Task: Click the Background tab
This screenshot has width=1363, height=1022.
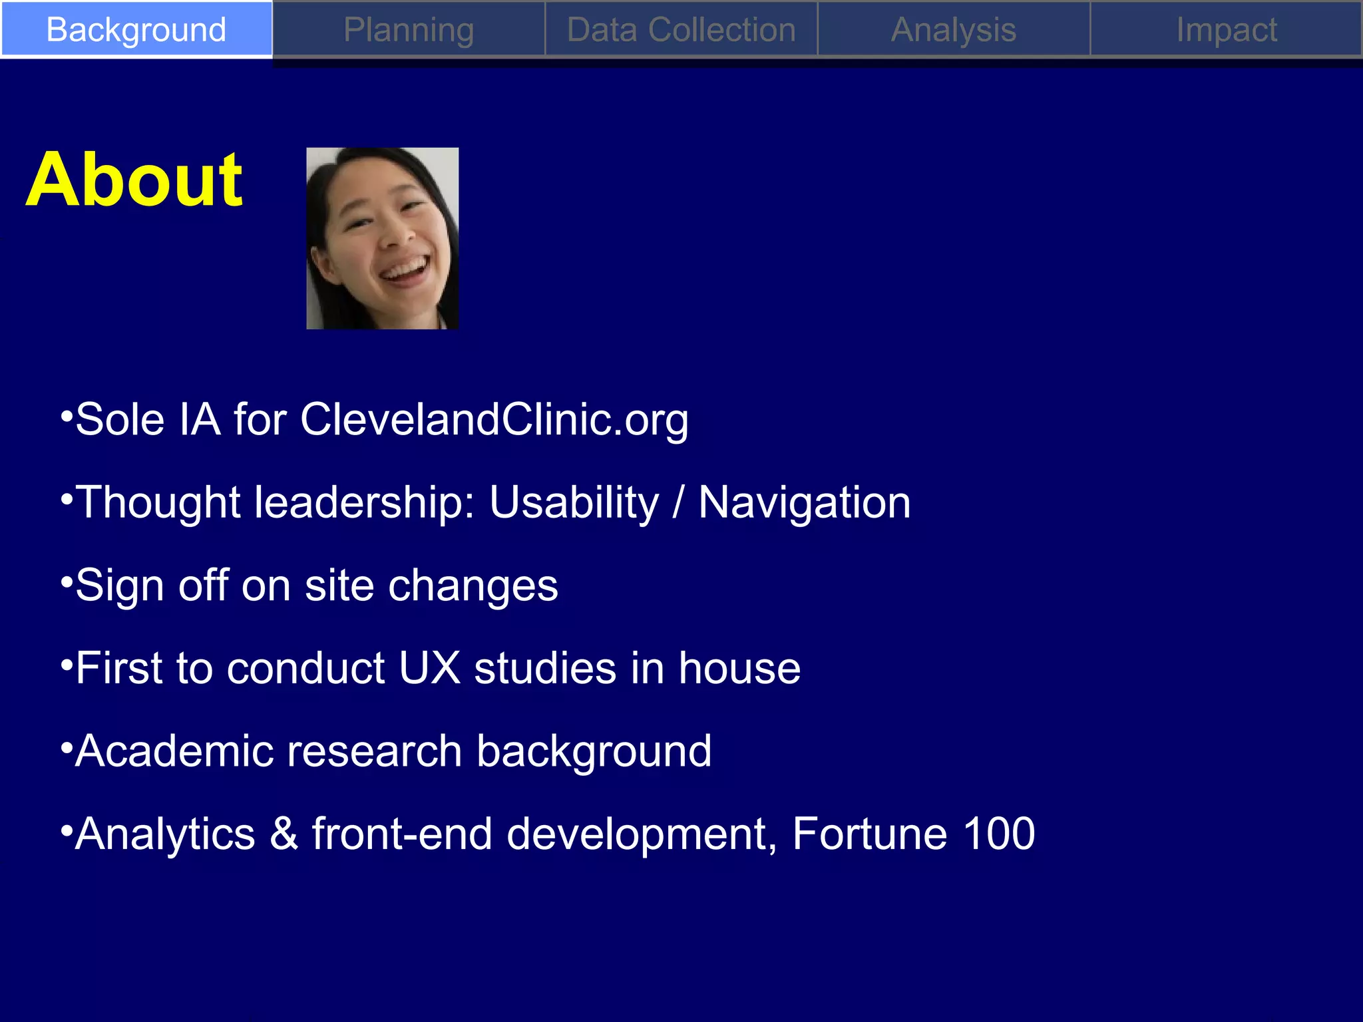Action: (136, 30)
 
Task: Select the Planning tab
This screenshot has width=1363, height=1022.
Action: (409, 30)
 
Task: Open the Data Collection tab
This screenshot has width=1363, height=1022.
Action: (681, 30)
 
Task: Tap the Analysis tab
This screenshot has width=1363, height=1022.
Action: (954, 30)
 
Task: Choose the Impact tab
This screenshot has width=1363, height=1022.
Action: (1226, 30)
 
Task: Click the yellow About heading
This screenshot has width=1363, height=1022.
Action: (134, 180)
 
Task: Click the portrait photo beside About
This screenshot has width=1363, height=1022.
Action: (382, 238)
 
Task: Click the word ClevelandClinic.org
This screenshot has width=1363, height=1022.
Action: (494, 421)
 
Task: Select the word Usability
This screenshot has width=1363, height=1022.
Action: (574, 503)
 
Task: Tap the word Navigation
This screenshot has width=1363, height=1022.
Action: (804, 503)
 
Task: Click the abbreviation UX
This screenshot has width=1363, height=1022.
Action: (429, 668)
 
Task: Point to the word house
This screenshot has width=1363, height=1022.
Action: (739, 668)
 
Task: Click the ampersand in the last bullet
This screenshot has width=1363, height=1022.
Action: (284, 834)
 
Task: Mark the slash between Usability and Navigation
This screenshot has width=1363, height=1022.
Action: (678, 503)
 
